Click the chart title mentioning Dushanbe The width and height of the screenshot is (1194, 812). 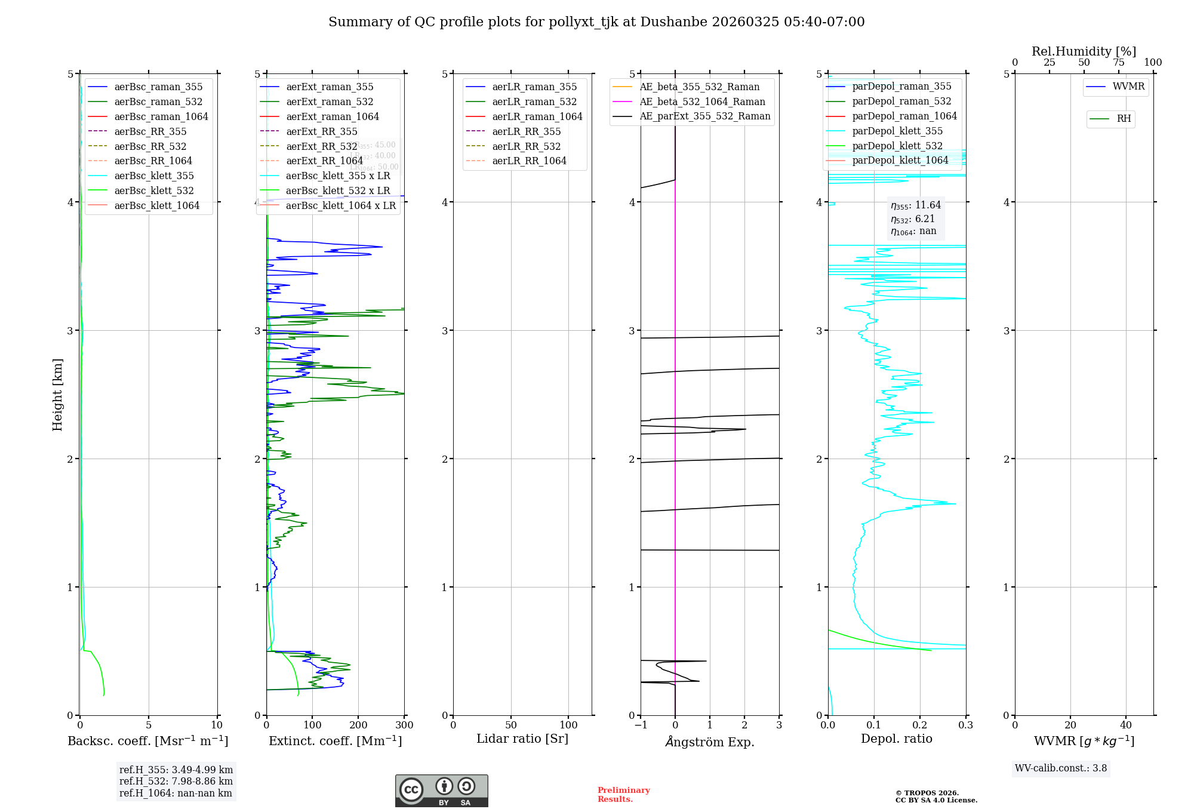596,22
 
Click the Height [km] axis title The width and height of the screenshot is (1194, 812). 57,395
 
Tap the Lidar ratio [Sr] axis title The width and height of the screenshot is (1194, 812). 522,739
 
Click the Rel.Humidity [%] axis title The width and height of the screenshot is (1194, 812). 1084,51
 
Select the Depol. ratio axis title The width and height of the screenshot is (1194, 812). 896,739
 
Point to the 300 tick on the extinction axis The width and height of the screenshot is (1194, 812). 405,725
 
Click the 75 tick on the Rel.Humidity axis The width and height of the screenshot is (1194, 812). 1118,63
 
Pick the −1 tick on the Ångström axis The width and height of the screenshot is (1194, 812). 641,725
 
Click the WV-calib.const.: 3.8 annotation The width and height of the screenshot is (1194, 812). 1061,768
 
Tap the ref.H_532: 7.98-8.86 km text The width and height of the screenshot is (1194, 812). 176,782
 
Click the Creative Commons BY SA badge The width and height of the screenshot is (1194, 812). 441,791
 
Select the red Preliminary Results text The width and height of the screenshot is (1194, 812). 623,795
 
